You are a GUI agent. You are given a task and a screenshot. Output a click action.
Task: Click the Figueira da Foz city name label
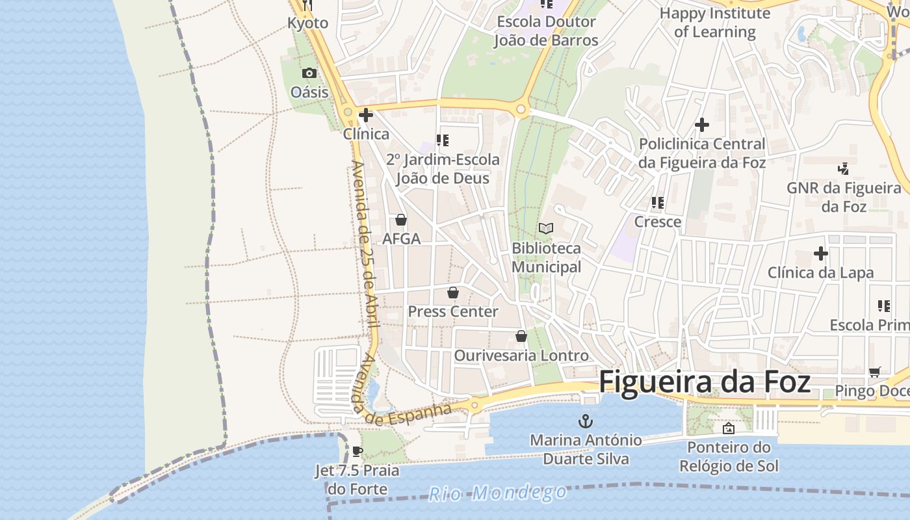704,382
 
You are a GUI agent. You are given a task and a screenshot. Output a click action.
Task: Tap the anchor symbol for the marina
586,421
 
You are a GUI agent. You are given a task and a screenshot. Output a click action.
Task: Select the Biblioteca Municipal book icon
546,229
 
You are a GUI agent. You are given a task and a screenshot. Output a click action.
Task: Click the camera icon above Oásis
309,73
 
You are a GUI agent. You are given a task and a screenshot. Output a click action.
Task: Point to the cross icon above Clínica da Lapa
820,253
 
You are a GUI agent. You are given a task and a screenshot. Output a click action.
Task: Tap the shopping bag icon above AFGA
401,220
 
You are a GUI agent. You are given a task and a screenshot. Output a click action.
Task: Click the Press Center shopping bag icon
453,292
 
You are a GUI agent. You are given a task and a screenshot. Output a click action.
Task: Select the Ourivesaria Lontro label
521,356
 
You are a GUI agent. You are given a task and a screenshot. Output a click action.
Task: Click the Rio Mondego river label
497,493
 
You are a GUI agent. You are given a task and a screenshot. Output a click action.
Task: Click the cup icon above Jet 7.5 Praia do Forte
357,451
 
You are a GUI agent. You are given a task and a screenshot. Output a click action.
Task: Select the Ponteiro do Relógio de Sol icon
729,428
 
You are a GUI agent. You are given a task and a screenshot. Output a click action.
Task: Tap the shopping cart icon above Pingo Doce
874,372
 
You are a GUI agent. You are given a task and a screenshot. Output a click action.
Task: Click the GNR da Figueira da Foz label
844,197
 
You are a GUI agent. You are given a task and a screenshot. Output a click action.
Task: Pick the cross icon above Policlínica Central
702,125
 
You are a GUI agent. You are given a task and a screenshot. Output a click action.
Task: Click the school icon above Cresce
658,203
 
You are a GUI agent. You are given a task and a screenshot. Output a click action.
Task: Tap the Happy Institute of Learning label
714,22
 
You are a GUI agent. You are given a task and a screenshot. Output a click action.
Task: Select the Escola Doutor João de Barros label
546,31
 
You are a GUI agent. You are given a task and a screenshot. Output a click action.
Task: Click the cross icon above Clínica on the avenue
366,116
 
